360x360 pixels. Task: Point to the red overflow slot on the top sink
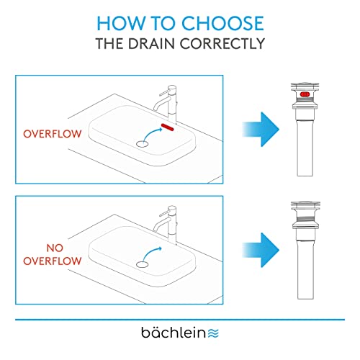(169, 127)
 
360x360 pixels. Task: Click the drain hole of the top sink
(143, 144)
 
